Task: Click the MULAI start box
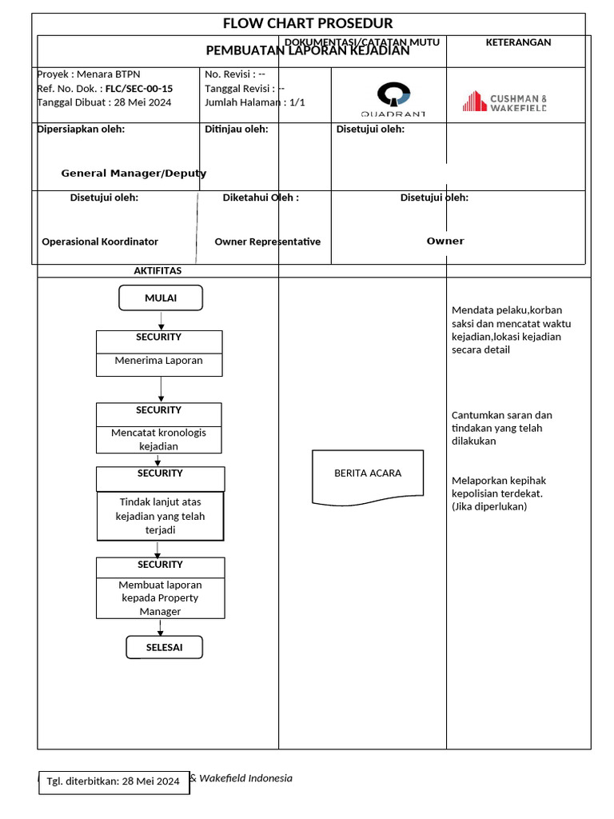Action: tap(161, 298)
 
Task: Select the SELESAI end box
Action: tap(164, 647)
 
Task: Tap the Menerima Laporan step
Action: tap(159, 361)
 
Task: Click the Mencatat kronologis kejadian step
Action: tap(159, 439)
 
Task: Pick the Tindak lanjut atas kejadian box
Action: tap(161, 516)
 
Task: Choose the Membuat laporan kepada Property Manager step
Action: tap(161, 597)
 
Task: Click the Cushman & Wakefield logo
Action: tap(504, 102)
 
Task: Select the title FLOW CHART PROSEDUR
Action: tap(308, 23)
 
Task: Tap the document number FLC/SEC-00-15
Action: tap(139, 89)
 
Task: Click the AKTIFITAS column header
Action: tap(157, 270)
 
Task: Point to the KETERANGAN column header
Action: tap(518, 42)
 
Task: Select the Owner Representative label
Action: tap(267, 242)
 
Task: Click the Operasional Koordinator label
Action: tap(100, 242)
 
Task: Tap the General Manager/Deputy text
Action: tap(134, 173)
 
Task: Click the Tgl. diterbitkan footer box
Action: tap(114, 781)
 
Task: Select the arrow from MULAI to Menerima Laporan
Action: tap(161, 320)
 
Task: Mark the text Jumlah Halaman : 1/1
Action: tap(254, 102)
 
